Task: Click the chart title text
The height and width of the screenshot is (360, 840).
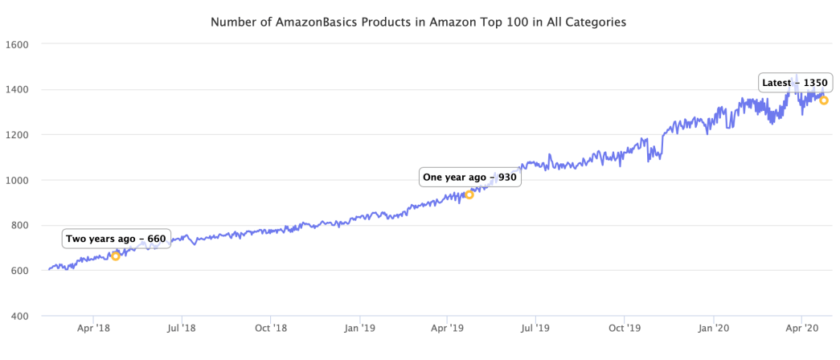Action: pos(418,22)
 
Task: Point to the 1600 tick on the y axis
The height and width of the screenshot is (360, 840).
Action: pos(18,45)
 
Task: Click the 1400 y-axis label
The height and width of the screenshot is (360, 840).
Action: pos(18,90)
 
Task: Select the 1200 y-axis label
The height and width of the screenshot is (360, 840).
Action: pos(18,135)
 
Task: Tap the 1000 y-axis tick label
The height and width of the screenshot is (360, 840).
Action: pos(18,180)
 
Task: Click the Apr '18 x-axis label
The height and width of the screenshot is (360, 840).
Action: pos(93,328)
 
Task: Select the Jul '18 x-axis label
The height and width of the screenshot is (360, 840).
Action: pos(182,328)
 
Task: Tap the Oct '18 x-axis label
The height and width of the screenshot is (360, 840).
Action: pos(271,328)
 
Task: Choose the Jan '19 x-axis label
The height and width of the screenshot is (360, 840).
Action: pos(360,328)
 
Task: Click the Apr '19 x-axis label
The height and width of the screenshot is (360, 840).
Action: pos(447,328)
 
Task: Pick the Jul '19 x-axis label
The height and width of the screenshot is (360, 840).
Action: pos(535,328)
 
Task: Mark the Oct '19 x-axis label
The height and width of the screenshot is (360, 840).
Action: pos(625,328)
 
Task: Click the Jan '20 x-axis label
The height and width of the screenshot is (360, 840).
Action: pos(714,328)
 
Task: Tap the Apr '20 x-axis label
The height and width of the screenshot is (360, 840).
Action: pos(801,328)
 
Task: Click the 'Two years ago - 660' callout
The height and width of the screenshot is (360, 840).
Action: pos(116,239)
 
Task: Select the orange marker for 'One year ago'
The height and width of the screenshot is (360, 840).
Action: pos(469,194)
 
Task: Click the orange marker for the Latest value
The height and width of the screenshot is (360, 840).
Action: pos(824,100)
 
